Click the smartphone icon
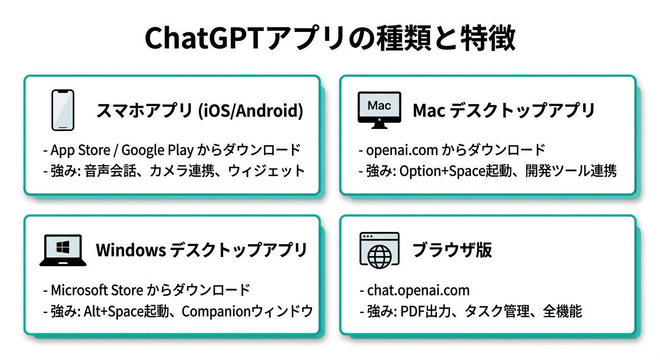point(63,110)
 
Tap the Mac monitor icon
point(379,110)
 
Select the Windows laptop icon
point(63,250)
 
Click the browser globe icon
point(380,250)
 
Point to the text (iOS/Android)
point(251,111)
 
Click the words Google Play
point(157,150)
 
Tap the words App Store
point(80,150)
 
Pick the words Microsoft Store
point(97,290)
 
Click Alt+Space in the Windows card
point(113,311)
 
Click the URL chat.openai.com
point(419,291)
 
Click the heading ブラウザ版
point(452,250)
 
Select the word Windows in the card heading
point(131,250)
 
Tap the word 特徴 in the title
point(488,38)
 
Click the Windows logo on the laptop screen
point(63,247)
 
